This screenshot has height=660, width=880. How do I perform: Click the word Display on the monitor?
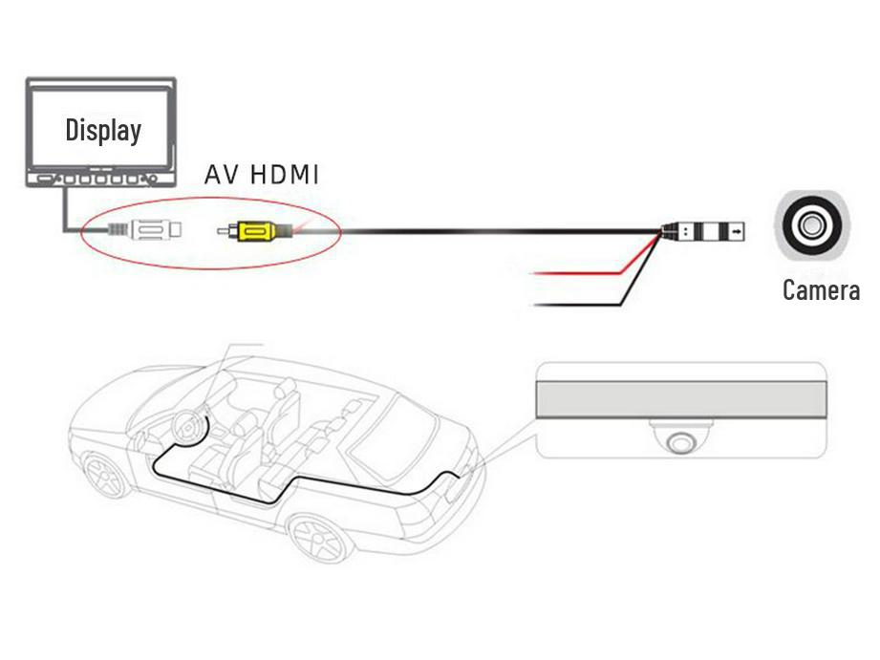pyautogui.click(x=103, y=130)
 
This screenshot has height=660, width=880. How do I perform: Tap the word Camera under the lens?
pyautogui.click(x=821, y=289)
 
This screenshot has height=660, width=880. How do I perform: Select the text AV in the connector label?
pyautogui.click(x=220, y=176)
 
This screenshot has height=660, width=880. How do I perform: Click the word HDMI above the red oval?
pyautogui.click(x=285, y=176)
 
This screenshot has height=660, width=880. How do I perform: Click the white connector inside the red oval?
pyautogui.click(x=156, y=230)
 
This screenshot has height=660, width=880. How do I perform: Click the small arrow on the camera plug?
pyautogui.click(x=738, y=230)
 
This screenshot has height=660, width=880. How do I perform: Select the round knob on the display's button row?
pyautogui.click(x=146, y=179)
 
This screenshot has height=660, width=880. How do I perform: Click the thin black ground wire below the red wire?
pyautogui.click(x=573, y=306)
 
